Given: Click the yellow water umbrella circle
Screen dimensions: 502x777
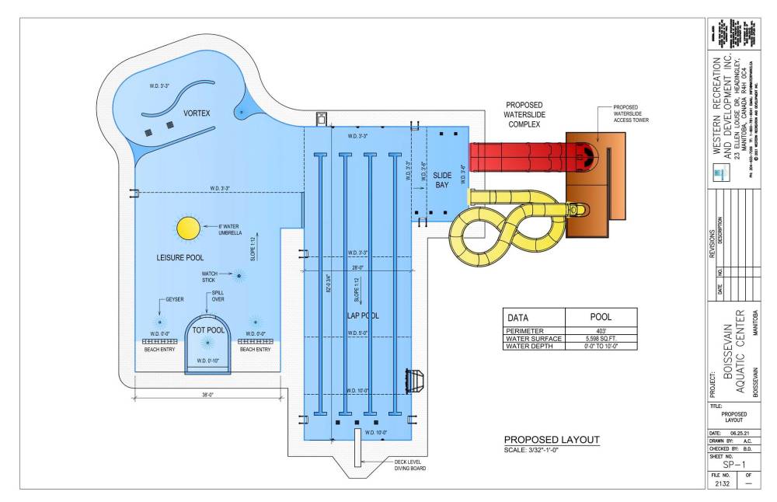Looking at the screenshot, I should [188, 228].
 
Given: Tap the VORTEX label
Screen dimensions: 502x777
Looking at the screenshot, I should [197, 113].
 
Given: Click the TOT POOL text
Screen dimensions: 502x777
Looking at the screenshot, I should [207, 330].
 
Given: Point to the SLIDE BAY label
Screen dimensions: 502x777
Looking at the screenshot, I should [442, 181].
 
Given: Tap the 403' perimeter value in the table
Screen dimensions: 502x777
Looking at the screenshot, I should [601, 330].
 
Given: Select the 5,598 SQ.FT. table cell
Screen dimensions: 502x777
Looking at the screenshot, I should [601, 338].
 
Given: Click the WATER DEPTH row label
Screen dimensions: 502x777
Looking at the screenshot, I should [532, 346].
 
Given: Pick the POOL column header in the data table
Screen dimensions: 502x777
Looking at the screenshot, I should [601, 318].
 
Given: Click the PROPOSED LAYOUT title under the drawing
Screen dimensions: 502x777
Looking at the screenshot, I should [552, 440].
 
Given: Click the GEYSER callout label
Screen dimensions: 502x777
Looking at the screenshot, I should [175, 299].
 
